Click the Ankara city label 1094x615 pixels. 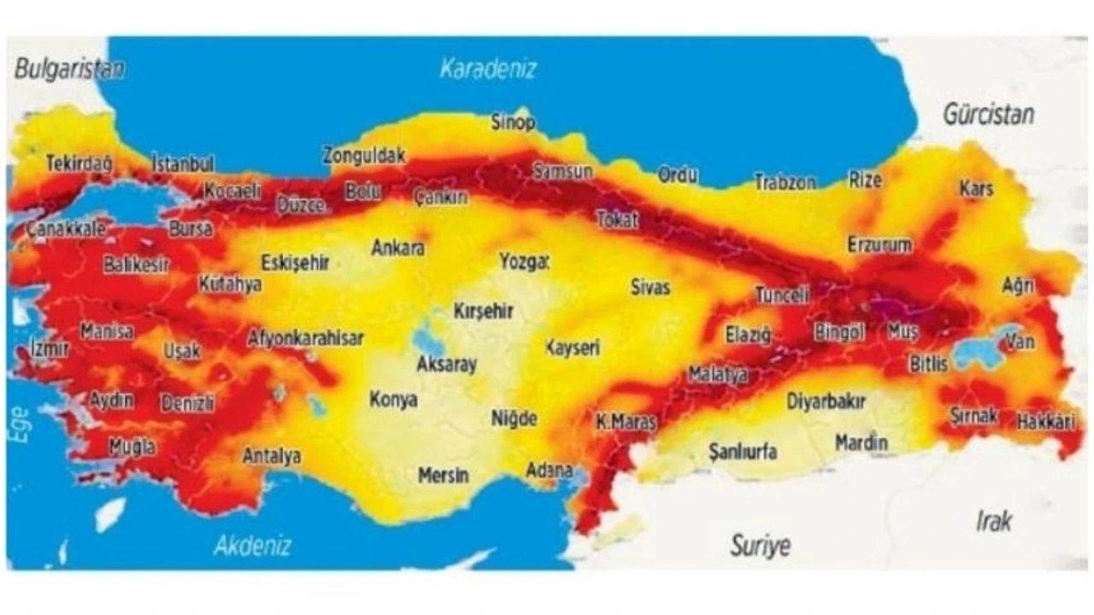(x=397, y=248)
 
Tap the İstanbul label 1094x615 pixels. (x=183, y=163)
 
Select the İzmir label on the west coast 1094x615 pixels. (x=49, y=348)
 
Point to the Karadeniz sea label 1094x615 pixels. (x=488, y=69)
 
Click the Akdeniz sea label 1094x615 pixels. (x=252, y=545)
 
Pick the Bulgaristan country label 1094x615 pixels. (x=68, y=69)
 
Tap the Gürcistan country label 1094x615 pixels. (x=988, y=114)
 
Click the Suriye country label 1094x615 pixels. (x=760, y=545)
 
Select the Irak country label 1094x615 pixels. (x=994, y=519)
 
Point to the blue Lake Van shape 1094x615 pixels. (x=980, y=348)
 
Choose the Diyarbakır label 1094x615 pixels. (x=826, y=401)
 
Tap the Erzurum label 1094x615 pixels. (x=879, y=245)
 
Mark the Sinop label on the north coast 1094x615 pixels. (x=513, y=122)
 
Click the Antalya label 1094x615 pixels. (x=272, y=456)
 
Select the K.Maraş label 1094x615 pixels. (x=626, y=422)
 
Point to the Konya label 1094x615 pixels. (x=393, y=399)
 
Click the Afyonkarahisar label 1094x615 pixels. (x=305, y=337)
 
